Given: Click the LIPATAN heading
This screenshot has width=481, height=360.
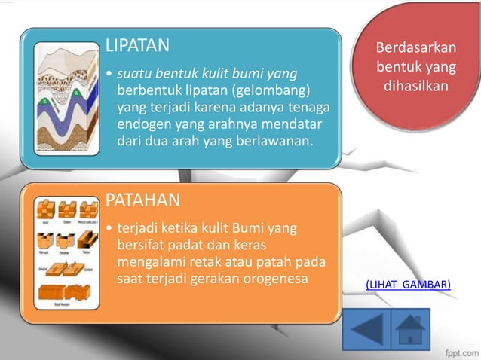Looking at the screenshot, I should point(137,46).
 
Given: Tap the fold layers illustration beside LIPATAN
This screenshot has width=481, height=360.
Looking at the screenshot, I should point(66,99).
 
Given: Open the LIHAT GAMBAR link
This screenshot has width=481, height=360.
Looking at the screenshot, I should point(408,284).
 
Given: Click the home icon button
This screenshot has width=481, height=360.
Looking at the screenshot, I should point(411,329).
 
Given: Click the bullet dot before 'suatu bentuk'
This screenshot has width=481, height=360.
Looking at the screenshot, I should point(110,75).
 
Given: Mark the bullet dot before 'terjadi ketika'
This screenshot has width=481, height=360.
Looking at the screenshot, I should point(110,227).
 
